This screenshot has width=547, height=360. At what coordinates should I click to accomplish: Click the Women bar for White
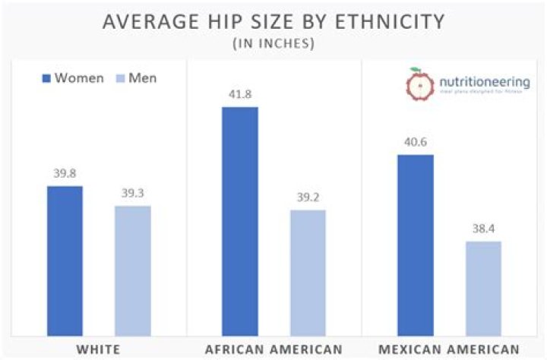click(x=65, y=261)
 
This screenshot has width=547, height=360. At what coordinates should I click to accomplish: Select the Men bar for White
click(x=133, y=270)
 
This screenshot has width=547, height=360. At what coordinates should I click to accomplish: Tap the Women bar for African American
click(x=240, y=221)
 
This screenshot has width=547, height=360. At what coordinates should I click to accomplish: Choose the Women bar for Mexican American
click(x=416, y=245)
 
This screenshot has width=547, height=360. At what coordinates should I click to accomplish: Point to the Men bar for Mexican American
click(x=483, y=288)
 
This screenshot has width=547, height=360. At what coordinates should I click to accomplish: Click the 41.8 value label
click(x=240, y=95)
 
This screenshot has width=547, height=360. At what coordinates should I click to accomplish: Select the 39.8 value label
click(x=65, y=173)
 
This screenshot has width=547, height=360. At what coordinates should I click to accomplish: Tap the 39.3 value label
click(x=133, y=193)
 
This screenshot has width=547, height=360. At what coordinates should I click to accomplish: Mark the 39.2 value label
click(x=308, y=197)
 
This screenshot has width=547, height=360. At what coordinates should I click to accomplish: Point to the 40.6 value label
click(x=416, y=142)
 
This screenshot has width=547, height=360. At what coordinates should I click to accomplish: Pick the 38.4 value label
click(x=483, y=229)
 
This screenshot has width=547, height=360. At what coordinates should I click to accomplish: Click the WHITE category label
click(x=98, y=349)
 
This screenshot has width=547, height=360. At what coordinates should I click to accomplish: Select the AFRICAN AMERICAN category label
click(x=273, y=349)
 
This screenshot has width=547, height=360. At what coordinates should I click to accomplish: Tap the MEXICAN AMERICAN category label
click(x=450, y=349)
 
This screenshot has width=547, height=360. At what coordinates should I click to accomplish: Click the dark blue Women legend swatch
click(x=46, y=78)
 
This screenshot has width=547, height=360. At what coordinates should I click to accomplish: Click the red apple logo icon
click(x=415, y=85)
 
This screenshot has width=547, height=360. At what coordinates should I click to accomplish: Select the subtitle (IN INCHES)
click(x=273, y=43)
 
